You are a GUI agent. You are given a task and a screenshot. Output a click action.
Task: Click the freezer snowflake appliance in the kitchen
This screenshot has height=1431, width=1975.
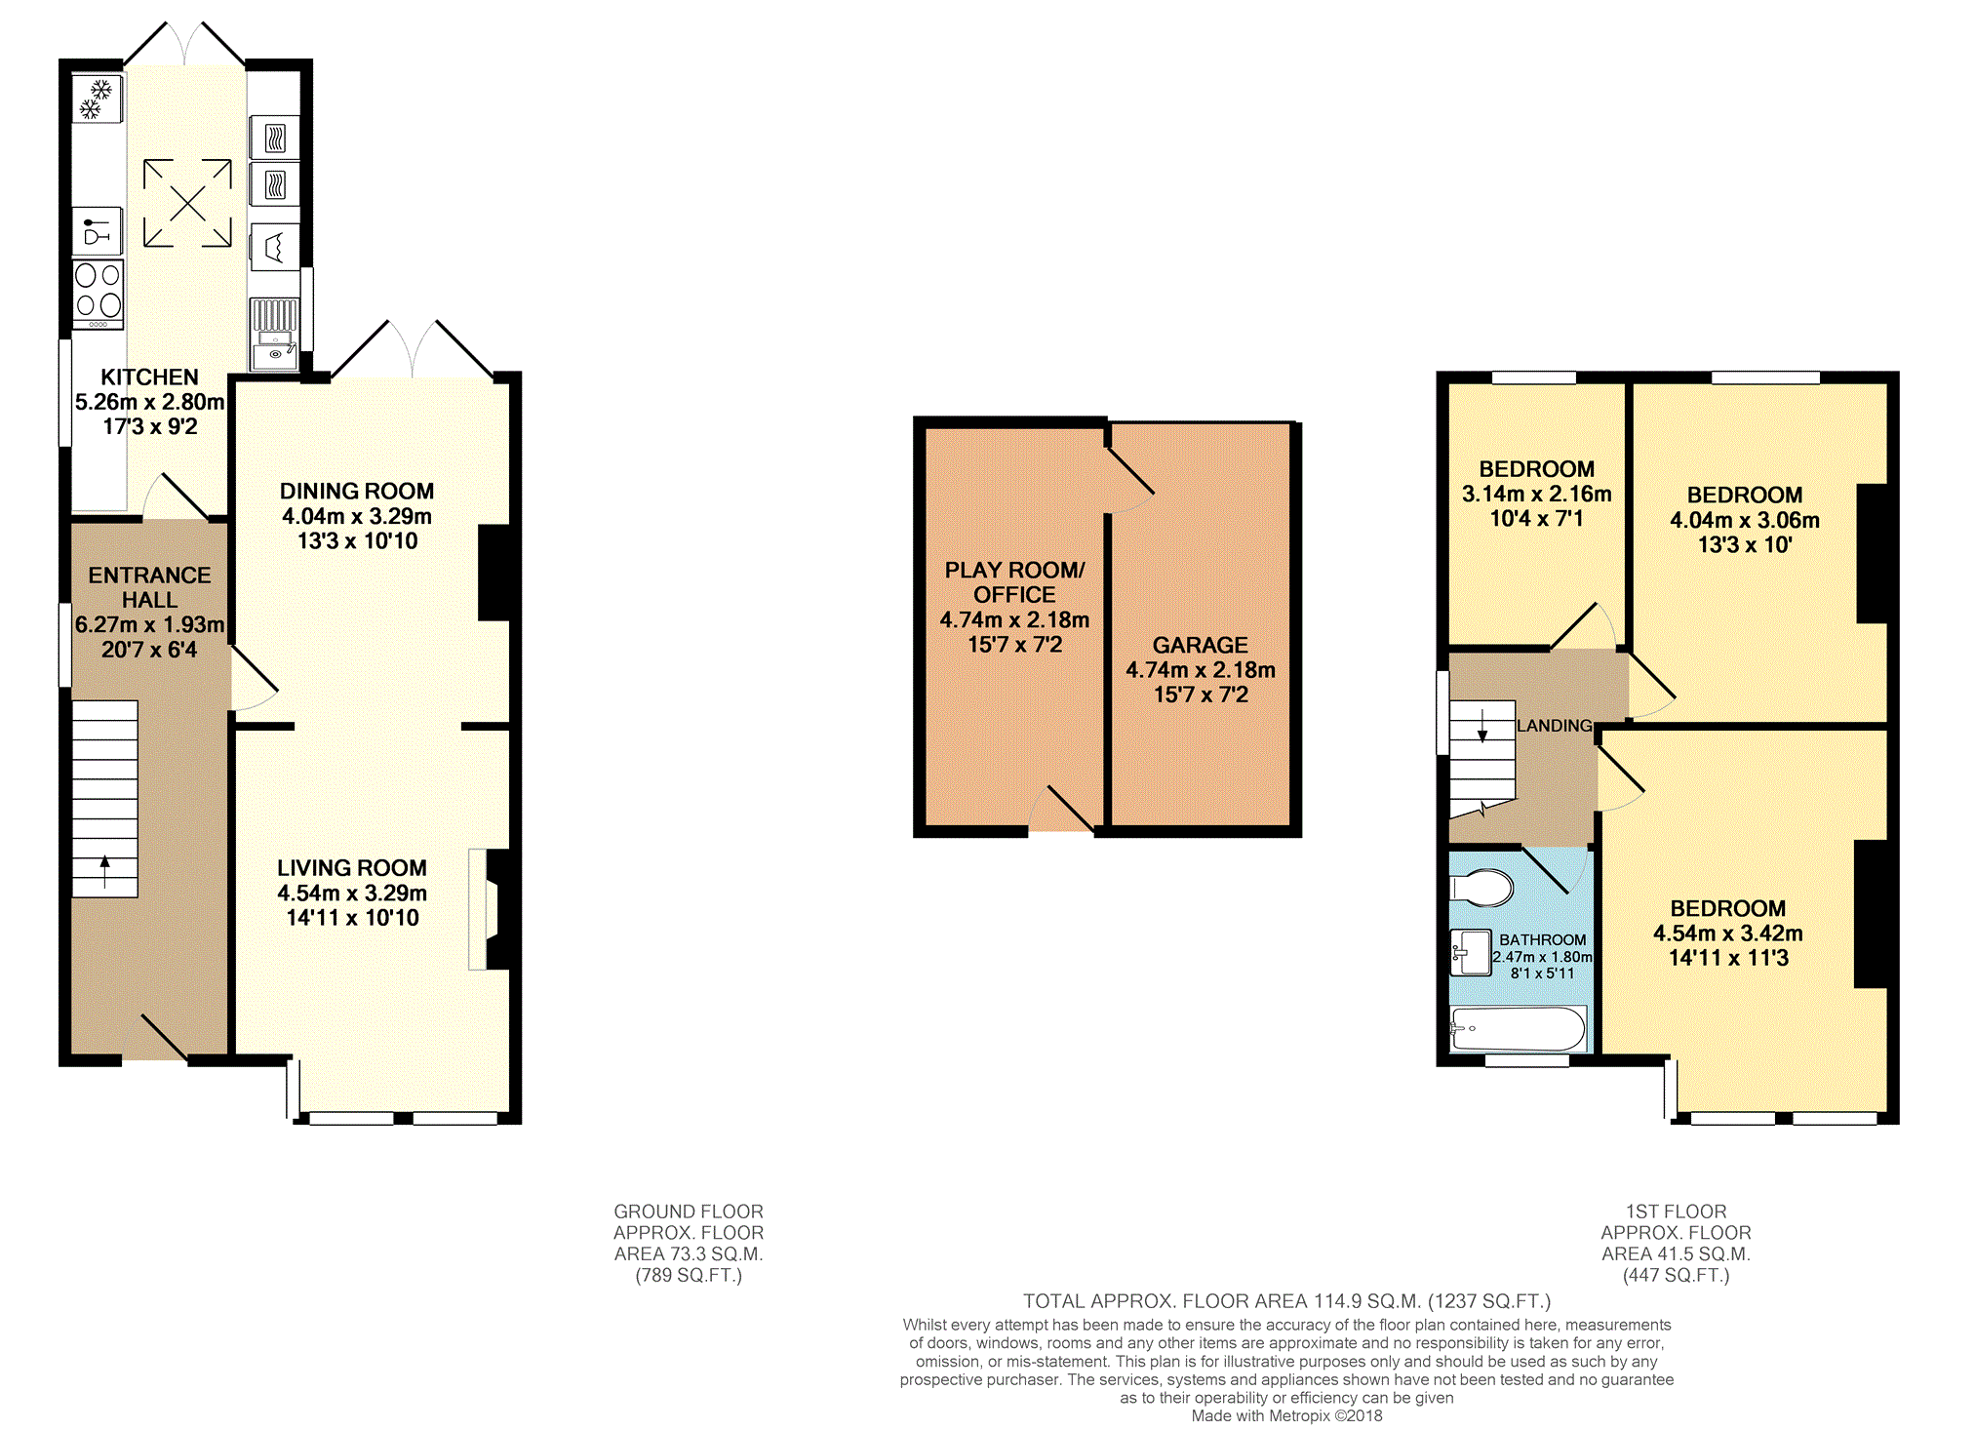pyautogui.click(x=98, y=99)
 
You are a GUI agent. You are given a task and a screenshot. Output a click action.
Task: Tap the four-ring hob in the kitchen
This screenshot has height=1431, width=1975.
pyautogui.click(x=99, y=294)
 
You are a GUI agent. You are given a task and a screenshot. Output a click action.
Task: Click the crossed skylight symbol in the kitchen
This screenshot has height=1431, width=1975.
pyautogui.click(x=187, y=203)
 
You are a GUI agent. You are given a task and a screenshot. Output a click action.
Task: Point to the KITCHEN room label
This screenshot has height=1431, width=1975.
pyautogui.click(x=149, y=377)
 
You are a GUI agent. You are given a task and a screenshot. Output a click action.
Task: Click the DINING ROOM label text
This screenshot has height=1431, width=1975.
pyautogui.click(x=357, y=491)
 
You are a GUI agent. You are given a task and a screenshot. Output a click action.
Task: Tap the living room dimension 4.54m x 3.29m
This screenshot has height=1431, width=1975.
pyautogui.click(x=352, y=893)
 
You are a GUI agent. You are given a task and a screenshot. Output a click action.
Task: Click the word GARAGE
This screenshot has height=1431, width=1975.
pyautogui.click(x=1200, y=645)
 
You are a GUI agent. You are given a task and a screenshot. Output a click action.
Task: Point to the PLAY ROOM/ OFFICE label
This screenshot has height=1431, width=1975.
pyautogui.click(x=1014, y=582)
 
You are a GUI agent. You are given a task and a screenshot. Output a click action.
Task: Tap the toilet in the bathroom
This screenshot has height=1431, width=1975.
pyautogui.click(x=1481, y=888)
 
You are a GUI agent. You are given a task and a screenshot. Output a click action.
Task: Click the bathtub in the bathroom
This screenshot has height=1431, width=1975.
pyautogui.click(x=1519, y=1029)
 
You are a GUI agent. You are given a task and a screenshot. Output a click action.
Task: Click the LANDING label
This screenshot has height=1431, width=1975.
pyautogui.click(x=1555, y=726)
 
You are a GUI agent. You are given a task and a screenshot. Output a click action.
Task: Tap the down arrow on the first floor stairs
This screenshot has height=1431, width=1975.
pyautogui.click(x=1482, y=726)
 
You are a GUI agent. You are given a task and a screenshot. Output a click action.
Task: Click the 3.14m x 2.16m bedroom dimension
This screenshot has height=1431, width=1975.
pyautogui.click(x=1536, y=494)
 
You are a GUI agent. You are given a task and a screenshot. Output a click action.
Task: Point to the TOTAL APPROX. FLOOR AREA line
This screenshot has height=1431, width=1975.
pyautogui.click(x=1286, y=1301)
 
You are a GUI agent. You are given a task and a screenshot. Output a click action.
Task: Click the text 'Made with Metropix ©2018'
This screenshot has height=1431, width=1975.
pyautogui.click(x=1286, y=1415)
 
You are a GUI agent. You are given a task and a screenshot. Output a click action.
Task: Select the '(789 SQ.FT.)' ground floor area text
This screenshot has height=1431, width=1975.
pyautogui.click(x=689, y=1275)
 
